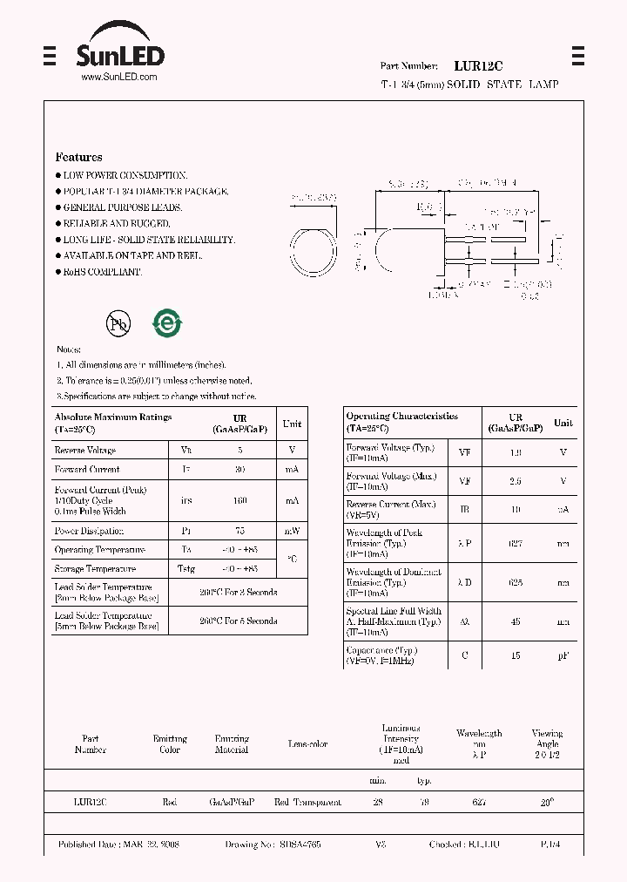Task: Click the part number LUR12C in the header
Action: [x=478, y=65]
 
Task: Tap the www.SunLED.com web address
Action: [x=118, y=77]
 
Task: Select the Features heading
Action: [x=78, y=157]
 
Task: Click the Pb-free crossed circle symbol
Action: [x=118, y=324]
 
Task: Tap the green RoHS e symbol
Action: [x=167, y=323]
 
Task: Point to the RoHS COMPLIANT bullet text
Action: [x=101, y=272]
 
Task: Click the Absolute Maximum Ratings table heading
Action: [x=113, y=417]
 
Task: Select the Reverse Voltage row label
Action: [x=84, y=451]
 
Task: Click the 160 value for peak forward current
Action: [x=240, y=501]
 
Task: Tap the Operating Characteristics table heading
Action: [x=401, y=417]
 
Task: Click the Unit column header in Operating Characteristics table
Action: [x=563, y=423]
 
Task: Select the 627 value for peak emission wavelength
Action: [x=516, y=543]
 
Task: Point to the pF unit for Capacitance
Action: [x=563, y=655]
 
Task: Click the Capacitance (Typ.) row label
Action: [x=381, y=650]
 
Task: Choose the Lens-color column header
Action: [x=307, y=744]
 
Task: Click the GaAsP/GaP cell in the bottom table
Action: [x=232, y=802]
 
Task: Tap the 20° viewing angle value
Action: [x=547, y=802]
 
